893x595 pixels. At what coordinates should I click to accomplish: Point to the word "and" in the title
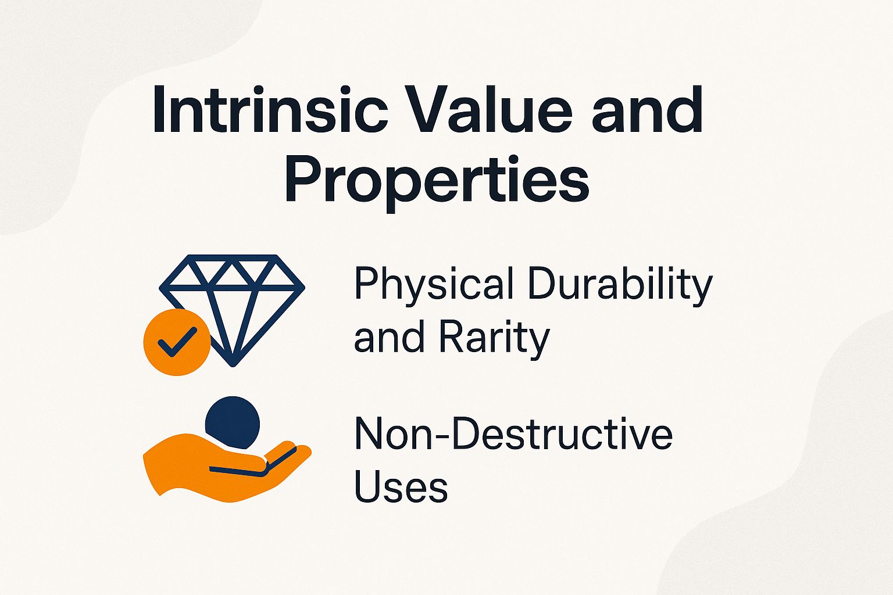pos(646,110)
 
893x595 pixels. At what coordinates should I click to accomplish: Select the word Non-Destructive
pos(513,433)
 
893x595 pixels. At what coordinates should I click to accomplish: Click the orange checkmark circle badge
pos(177,342)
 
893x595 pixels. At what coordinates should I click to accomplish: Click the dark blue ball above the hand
pos(233,422)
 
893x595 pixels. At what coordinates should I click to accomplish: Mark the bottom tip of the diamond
pos(233,364)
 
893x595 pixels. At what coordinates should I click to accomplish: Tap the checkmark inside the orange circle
pos(177,342)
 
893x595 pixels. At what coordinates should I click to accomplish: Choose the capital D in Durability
pos(543,285)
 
